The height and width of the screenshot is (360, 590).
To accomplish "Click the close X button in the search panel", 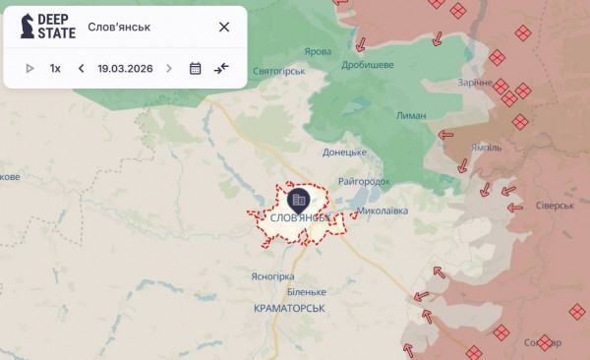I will pyautogui.click(x=224, y=27).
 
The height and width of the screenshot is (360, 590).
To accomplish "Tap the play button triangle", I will pyautogui.click(x=29, y=69).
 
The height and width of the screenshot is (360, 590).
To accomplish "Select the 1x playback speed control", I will pyautogui.click(x=56, y=69).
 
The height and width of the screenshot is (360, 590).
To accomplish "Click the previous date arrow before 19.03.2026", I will pyautogui.click(x=81, y=69).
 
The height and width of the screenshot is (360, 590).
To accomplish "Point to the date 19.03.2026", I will pyautogui.click(x=125, y=69).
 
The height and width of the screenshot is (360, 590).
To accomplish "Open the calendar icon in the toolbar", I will pyautogui.click(x=195, y=69).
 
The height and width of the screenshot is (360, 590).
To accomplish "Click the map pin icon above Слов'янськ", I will pyautogui.click(x=298, y=199).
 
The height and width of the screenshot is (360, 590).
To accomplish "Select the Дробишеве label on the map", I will pyautogui.click(x=367, y=64).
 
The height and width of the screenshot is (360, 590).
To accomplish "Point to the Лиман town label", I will pyautogui.click(x=413, y=115).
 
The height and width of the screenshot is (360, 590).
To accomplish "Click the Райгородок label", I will pyautogui.click(x=364, y=181).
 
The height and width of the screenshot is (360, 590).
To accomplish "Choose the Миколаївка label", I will pyautogui.click(x=382, y=210).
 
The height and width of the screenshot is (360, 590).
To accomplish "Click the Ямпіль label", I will pyautogui.click(x=487, y=148).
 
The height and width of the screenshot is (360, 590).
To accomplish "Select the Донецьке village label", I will pyautogui.click(x=344, y=152).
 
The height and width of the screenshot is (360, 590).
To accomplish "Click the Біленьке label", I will pyautogui.click(x=307, y=292).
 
